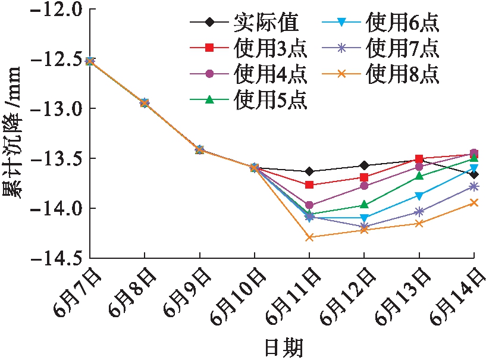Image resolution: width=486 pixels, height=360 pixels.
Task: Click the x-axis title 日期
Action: tap(283, 346)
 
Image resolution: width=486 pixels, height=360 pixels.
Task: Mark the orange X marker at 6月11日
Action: tap(309, 237)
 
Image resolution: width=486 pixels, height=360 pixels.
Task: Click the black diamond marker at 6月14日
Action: tap(474, 174)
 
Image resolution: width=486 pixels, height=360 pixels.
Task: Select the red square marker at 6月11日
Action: tap(309, 185)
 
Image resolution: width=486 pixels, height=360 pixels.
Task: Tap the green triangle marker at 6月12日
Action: tap(364, 205)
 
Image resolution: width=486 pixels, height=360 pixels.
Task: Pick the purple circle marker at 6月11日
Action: tap(309, 205)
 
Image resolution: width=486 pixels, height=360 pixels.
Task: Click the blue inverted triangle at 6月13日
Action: tap(419, 196)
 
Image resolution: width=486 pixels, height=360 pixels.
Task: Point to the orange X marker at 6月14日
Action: tap(474, 203)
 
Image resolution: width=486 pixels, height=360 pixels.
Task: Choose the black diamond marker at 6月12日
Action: tap(364, 165)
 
